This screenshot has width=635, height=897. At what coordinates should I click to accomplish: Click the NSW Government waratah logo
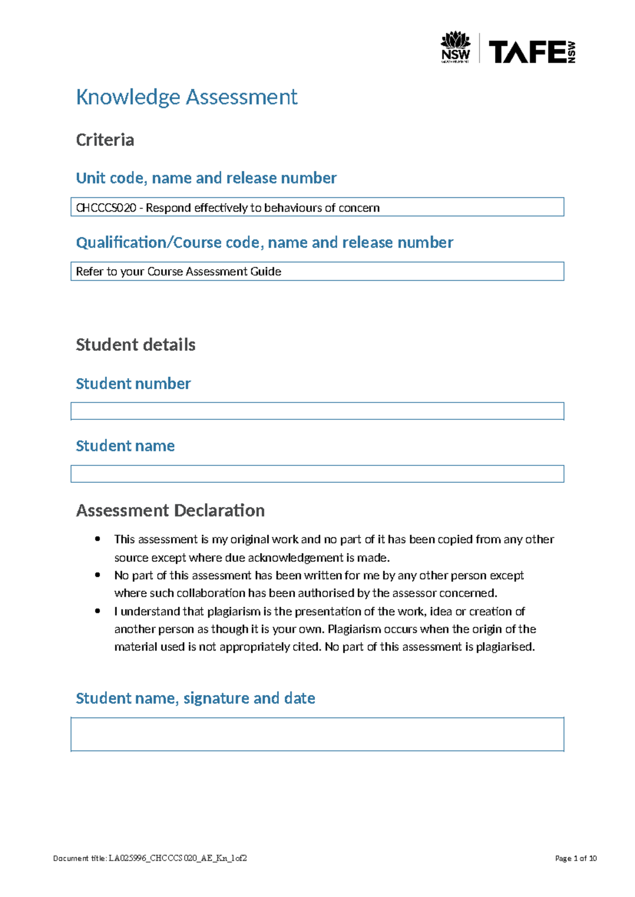point(456,47)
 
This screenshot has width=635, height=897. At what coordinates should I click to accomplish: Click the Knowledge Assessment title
point(187,97)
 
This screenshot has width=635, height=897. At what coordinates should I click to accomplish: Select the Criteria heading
point(105,140)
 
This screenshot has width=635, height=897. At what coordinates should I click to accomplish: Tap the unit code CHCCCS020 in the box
point(106,208)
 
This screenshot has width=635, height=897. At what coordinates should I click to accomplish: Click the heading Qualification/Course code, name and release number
point(265,242)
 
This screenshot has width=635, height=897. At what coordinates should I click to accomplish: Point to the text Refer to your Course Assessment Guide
point(178,271)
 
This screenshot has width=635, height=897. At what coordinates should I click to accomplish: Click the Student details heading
point(135,345)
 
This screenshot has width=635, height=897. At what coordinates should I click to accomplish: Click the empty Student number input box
point(317,411)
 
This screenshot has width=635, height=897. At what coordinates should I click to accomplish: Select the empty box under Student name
point(317,474)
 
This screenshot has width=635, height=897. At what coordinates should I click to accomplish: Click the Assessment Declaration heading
point(170,510)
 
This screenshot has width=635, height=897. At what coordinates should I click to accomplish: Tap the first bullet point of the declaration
point(97,539)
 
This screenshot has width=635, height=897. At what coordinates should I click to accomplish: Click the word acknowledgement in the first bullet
point(296,557)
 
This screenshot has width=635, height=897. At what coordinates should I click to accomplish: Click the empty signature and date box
point(317,734)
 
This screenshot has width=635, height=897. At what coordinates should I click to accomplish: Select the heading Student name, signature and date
point(195,698)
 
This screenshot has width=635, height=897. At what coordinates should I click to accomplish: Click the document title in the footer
point(150,858)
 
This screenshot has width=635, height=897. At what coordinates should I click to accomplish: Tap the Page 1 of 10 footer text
point(576,858)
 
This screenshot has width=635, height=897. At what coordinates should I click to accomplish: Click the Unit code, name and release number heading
point(206,178)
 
